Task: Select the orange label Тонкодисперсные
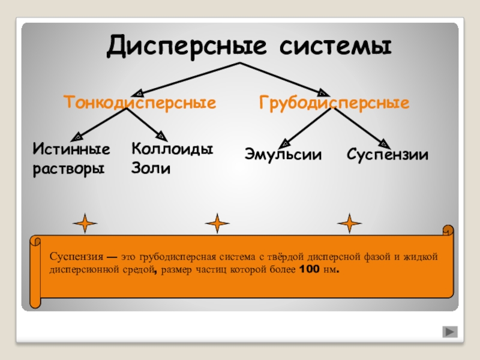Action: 140,103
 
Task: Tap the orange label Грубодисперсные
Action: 335,103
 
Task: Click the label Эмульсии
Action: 283,155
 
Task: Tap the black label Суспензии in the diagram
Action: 388,155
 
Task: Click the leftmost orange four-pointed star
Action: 85,223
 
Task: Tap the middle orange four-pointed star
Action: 217,224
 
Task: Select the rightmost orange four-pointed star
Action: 349,223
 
